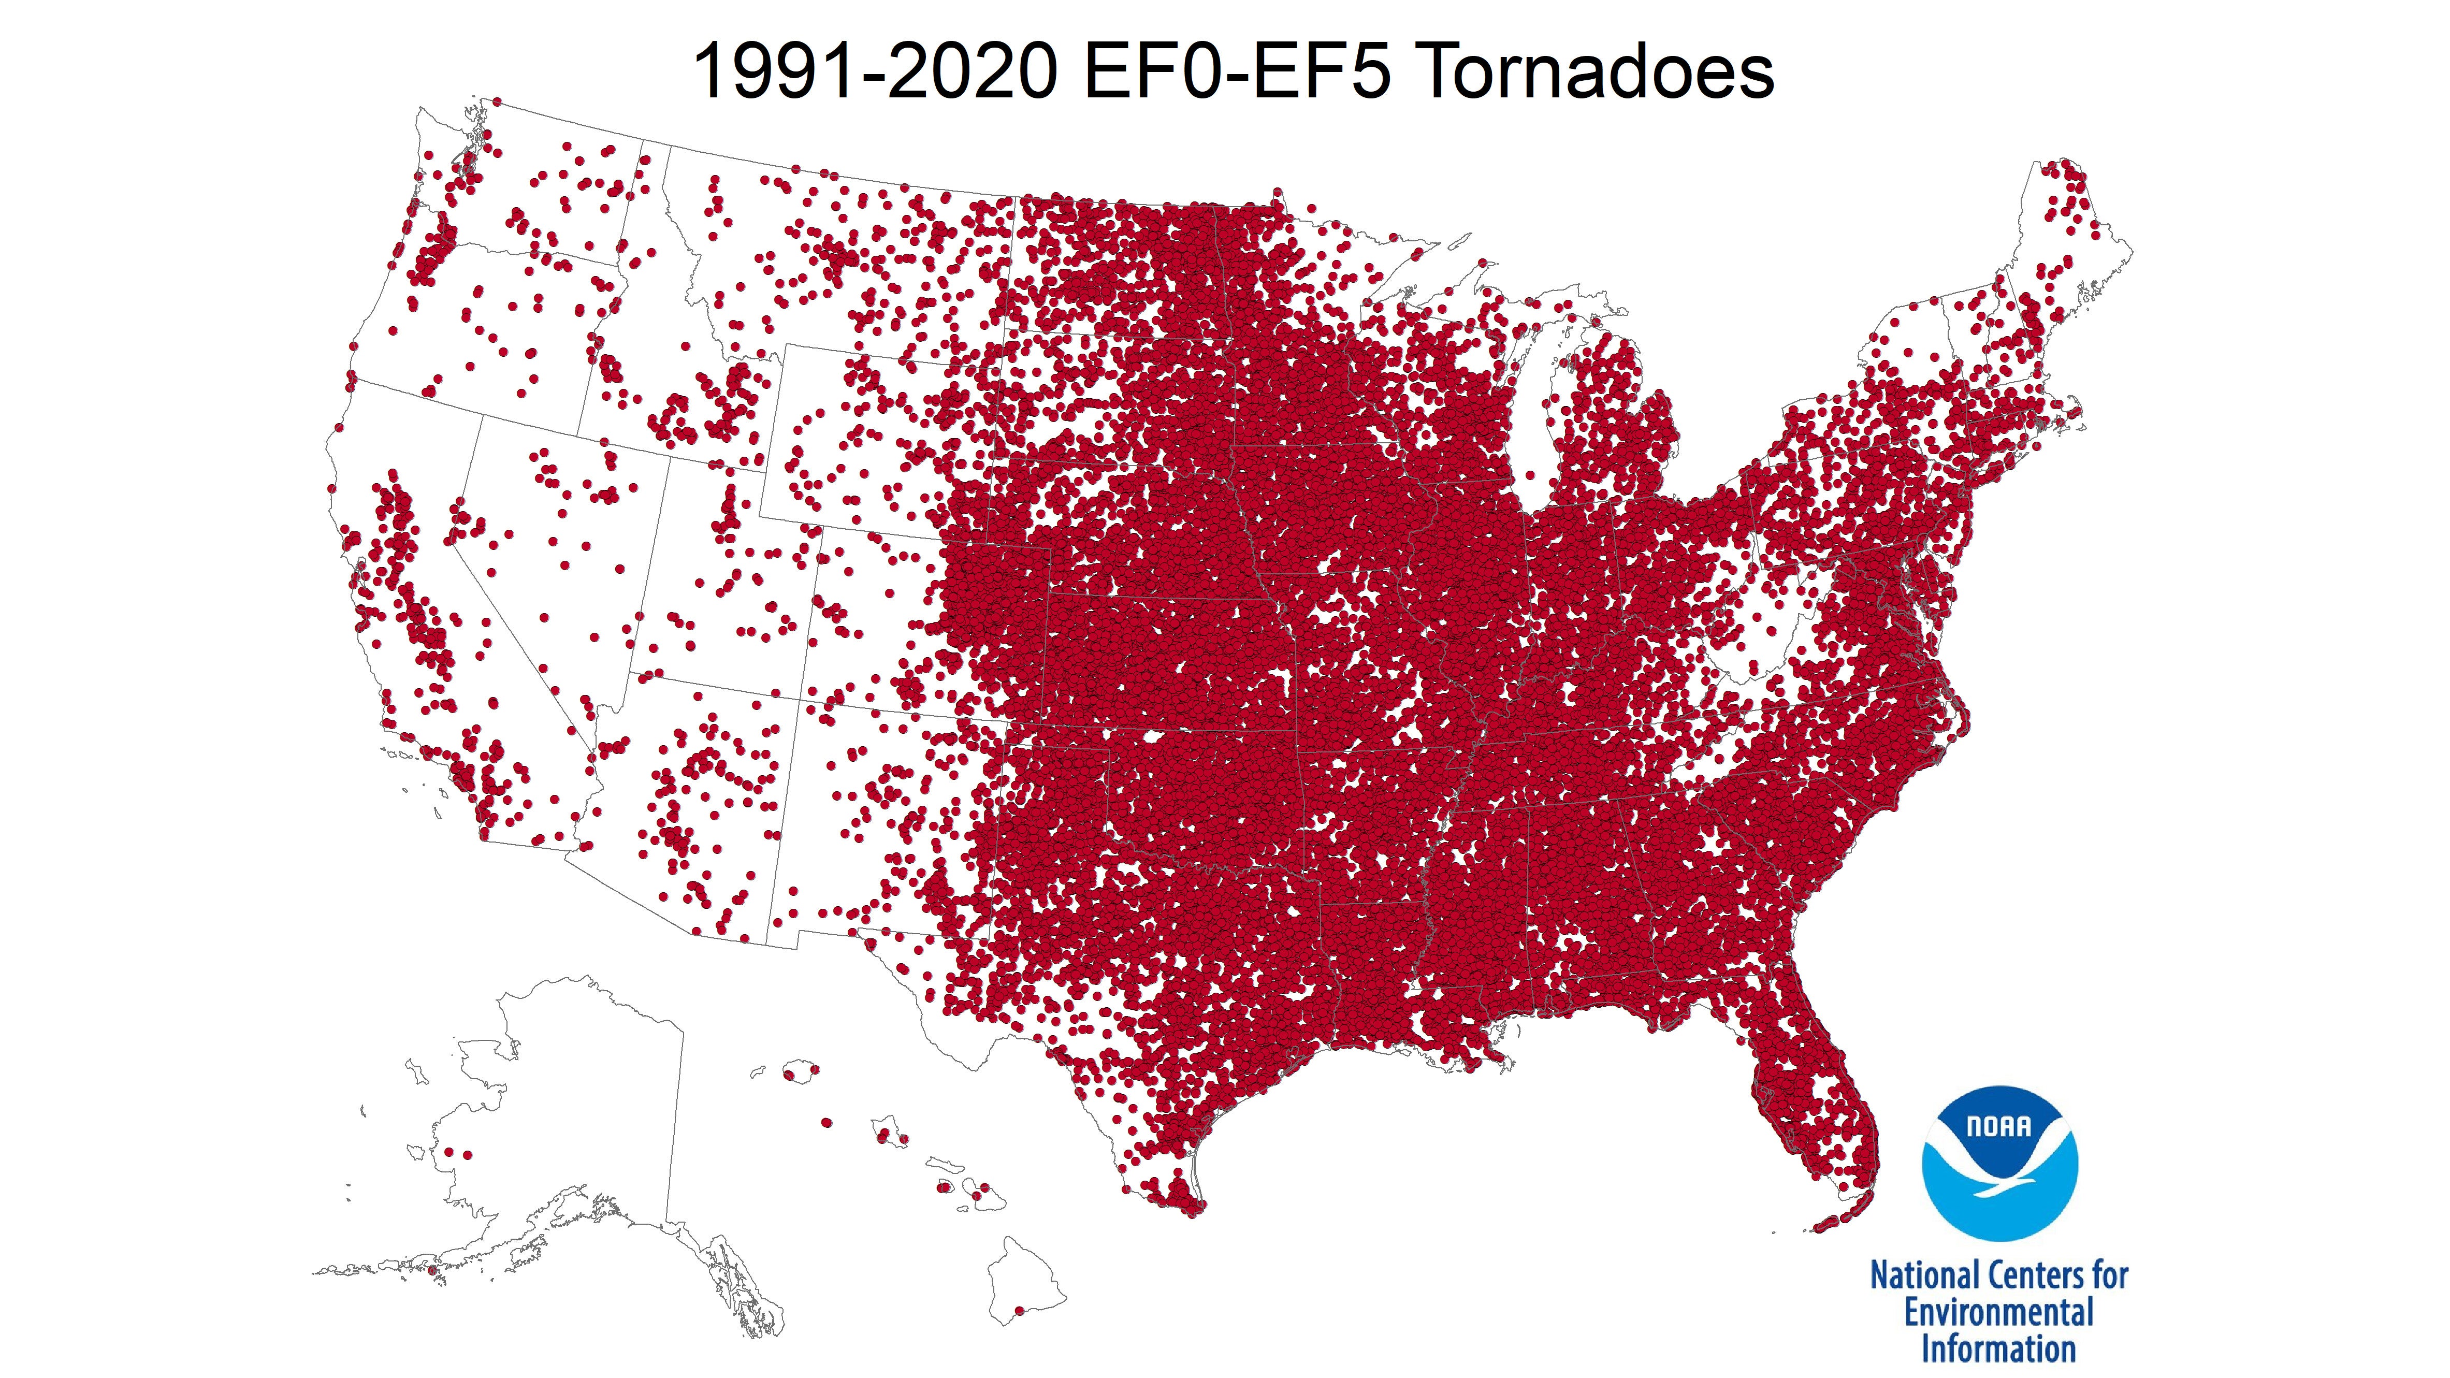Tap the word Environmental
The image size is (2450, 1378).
point(1998,1313)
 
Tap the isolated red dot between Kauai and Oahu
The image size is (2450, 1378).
point(827,1122)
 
